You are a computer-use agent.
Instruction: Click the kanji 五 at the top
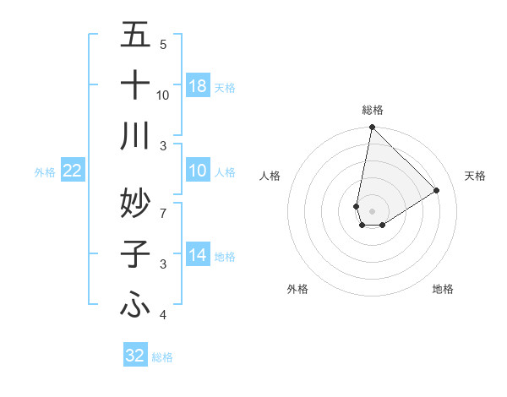click(x=135, y=35)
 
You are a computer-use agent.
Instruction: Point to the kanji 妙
click(x=135, y=203)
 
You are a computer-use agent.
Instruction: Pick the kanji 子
click(x=135, y=253)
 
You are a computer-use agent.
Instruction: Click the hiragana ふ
click(x=135, y=304)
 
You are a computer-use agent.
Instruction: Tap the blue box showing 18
click(x=198, y=86)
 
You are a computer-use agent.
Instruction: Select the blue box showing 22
click(x=73, y=171)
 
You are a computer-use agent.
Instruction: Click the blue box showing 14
click(x=198, y=256)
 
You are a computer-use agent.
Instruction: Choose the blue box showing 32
click(x=135, y=356)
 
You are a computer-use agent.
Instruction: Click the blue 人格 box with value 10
click(x=198, y=171)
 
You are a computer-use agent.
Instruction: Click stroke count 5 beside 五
click(x=163, y=44)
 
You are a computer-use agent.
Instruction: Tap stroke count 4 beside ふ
click(x=163, y=315)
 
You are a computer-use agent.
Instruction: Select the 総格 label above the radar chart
click(x=373, y=110)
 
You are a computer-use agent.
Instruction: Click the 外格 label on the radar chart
click(x=297, y=289)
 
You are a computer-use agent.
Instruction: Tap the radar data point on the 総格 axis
click(x=372, y=128)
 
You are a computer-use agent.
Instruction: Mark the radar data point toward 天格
click(x=437, y=191)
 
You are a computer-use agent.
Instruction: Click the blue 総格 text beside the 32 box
click(x=162, y=356)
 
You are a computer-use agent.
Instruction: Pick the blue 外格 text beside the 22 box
click(x=45, y=172)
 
